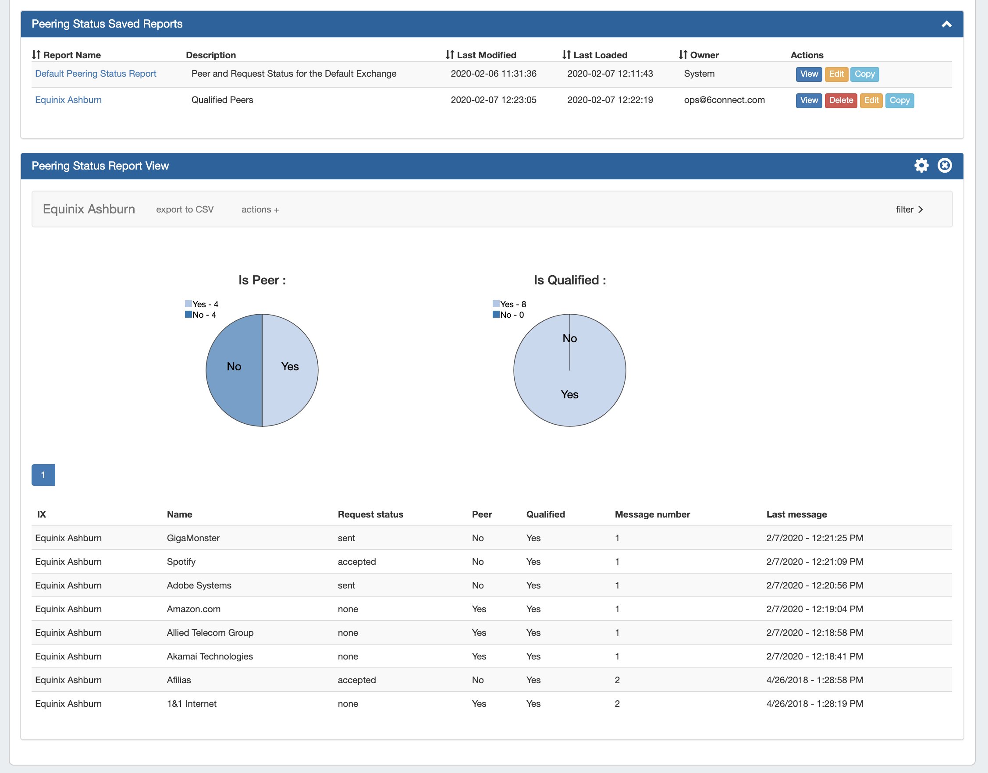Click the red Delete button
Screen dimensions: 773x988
(840, 100)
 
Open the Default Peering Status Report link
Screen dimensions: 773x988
(96, 74)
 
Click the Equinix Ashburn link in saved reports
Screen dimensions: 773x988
(68, 100)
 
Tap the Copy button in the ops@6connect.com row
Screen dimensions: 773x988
(899, 100)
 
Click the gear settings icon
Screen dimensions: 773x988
(921, 166)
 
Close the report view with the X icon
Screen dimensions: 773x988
(945, 166)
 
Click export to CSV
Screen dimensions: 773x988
(185, 209)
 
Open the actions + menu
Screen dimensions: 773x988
(260, 209)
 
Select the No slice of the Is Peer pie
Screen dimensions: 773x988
(234, 367)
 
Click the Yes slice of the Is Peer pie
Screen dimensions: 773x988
(290, 367)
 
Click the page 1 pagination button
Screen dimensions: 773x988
(43, 475)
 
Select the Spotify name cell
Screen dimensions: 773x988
(181, 562)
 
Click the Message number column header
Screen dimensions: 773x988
(652, 514)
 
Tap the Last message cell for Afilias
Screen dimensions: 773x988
(815, 680)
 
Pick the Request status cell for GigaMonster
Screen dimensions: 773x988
(346, 538)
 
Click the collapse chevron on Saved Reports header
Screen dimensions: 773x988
(946, 25)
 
